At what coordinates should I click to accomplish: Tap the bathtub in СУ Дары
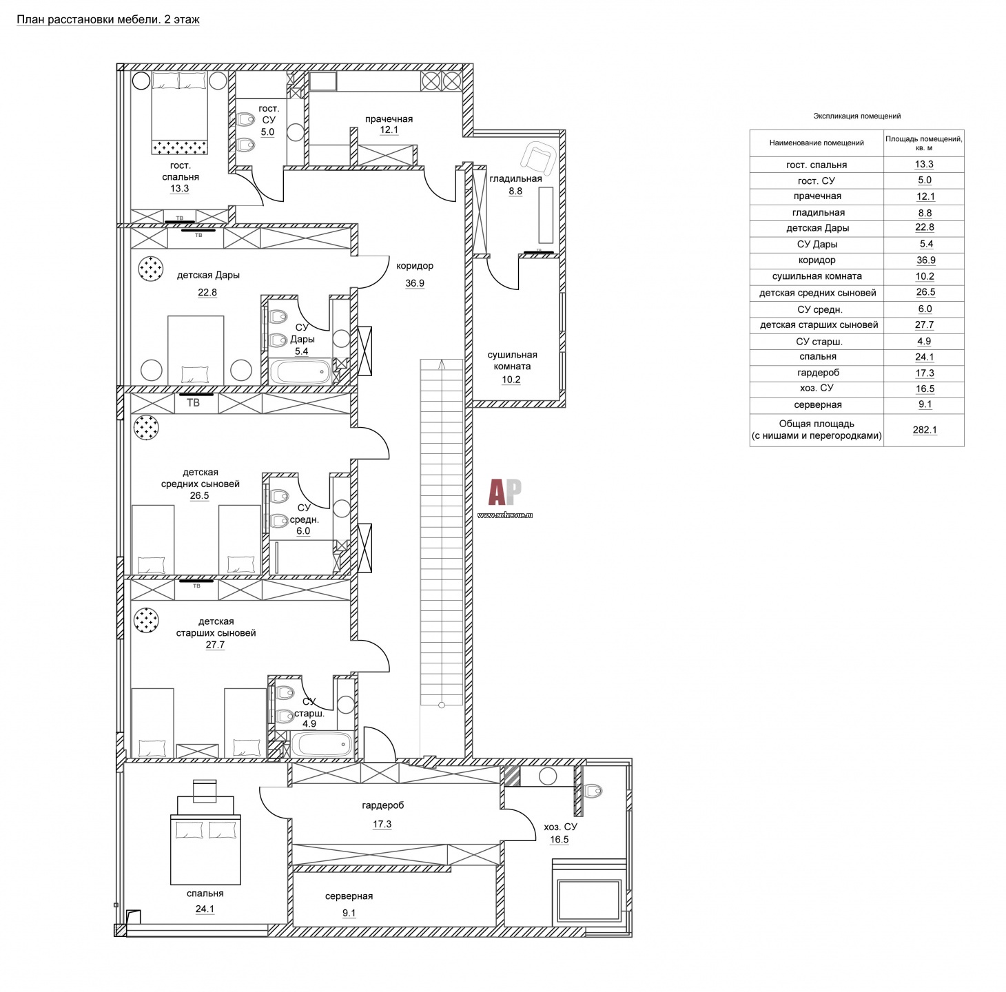pos(301,372)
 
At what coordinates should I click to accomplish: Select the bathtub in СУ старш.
pos(322,743)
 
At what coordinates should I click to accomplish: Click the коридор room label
pos(415,266)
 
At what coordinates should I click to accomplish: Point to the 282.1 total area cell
pos(925,431)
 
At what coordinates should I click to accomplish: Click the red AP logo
pos(505,493)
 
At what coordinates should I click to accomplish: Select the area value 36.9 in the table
pos(924,260)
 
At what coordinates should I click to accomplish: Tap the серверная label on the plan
pos(349,896)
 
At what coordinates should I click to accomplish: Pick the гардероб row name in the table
pos(818,373)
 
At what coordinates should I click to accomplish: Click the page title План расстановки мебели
pos(108,20)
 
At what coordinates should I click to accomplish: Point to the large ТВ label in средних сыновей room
pos(193,402)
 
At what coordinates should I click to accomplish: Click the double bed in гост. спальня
pos(179,113)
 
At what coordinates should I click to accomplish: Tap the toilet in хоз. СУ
pos(593,791)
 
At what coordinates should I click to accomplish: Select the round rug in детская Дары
pos(150,269)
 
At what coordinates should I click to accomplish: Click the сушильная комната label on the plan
pos(512,360)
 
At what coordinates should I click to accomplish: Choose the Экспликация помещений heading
pos(856,116)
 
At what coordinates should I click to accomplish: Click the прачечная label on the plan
pos(389,119)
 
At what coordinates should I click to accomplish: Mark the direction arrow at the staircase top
pos(442,364)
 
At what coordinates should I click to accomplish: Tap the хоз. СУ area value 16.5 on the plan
pos(559,840)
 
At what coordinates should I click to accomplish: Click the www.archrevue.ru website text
pos(505,515)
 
